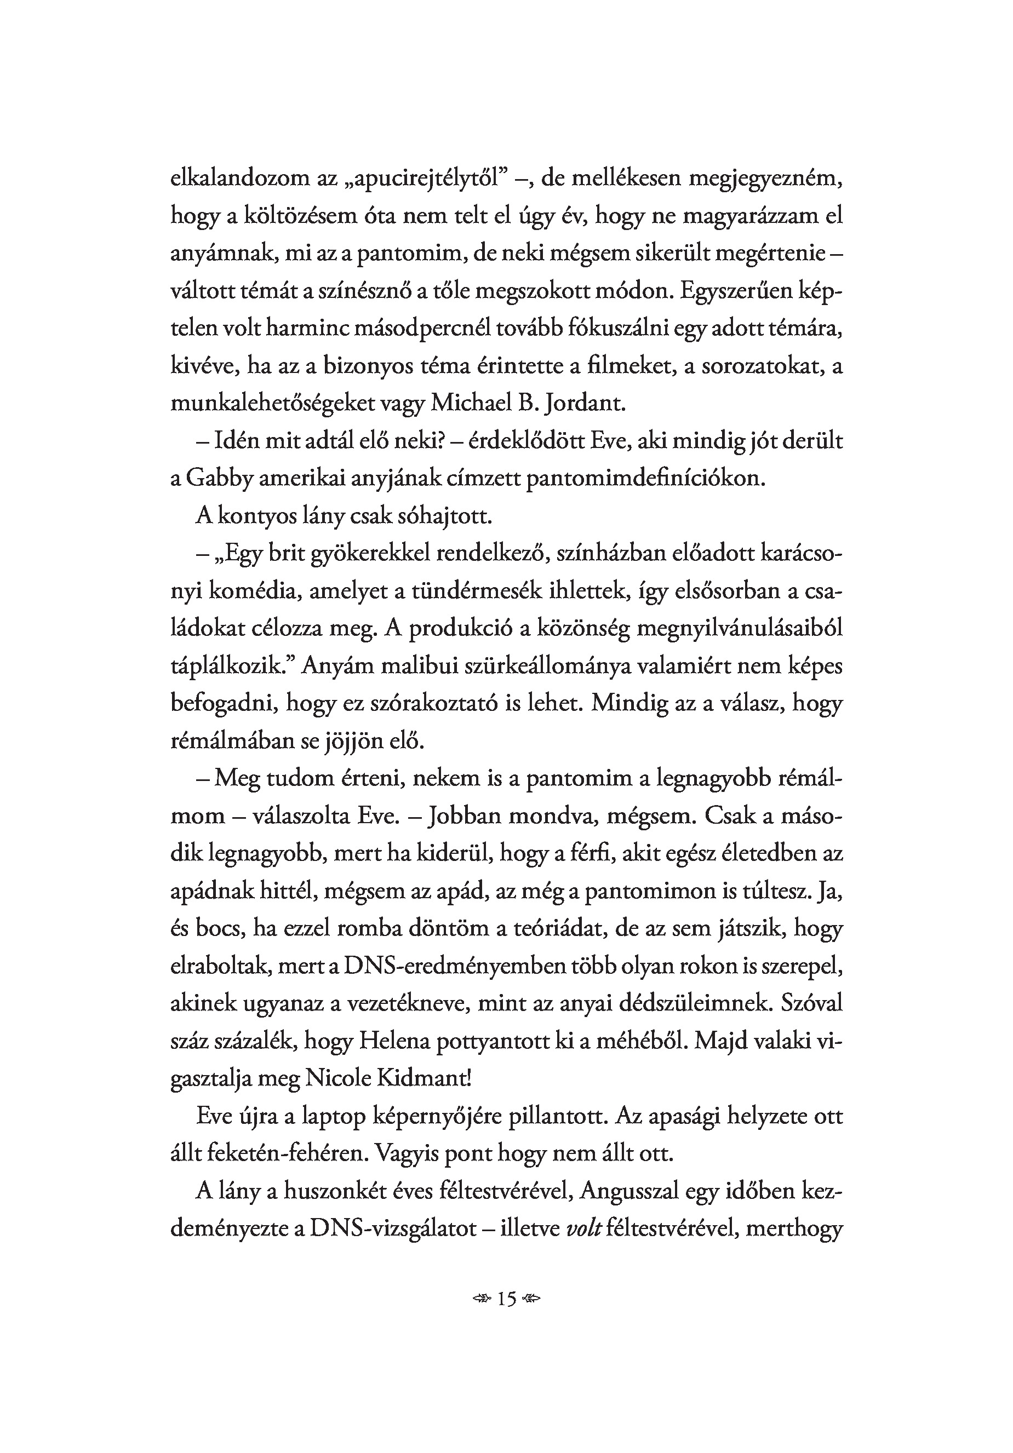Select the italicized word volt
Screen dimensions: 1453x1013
pyautogui.click(x=582, y=1229)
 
